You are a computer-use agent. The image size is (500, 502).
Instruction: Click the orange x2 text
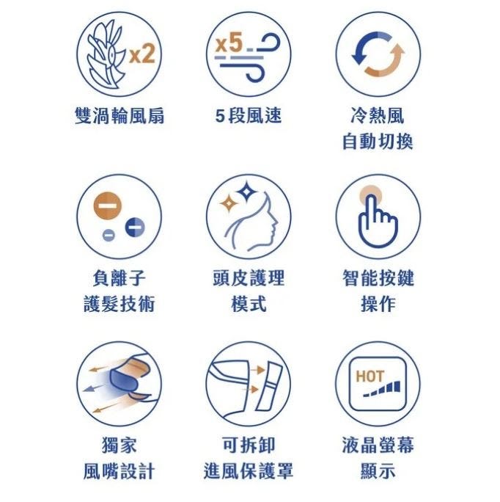[x=142, y=54]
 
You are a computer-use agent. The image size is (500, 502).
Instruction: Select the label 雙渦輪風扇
[x=120, y=115]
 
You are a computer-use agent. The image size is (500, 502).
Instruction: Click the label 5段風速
[x=249, y=115]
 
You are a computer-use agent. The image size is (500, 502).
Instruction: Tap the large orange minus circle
[x=108, y=205]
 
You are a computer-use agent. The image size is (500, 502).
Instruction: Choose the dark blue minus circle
[x=135, y=228]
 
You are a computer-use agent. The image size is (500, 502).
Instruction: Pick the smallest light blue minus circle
[x=109, y=236]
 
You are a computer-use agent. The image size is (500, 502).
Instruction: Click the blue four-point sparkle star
[x=246, y=192]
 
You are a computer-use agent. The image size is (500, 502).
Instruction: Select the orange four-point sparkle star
[x=229, y=203]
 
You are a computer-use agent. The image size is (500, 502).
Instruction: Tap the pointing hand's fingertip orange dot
[x=370, y=196]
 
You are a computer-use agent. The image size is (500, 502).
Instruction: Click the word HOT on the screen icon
[x=370, y=376]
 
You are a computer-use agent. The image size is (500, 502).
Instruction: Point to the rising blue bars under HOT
[x=382, y=389]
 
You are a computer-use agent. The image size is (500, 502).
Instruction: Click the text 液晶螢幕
[x=378, y=445]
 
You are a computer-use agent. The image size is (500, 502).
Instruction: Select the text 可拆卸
[x=249, y=445]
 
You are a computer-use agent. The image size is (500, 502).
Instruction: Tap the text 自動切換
[x=378, y=142]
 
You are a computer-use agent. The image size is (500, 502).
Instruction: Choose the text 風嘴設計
[x=120, y=471]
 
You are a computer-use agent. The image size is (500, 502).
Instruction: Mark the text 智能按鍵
[x=378, y=277]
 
